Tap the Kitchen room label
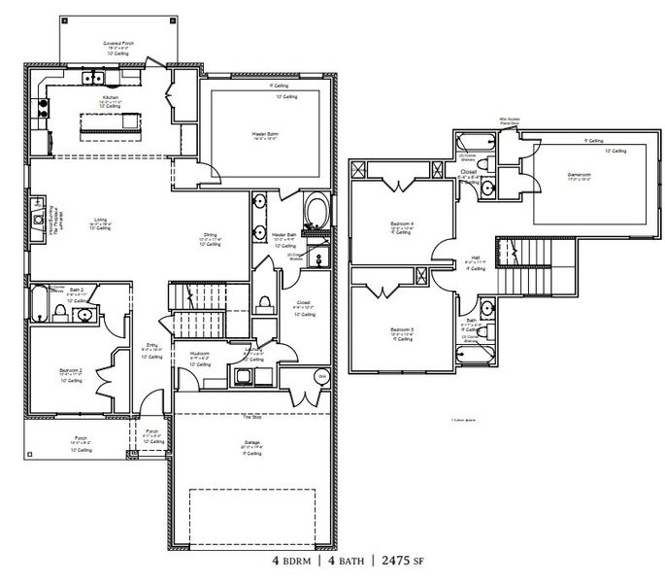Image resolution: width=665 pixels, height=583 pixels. tap(112, 98)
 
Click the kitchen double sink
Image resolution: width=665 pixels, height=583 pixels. tap(94, 78)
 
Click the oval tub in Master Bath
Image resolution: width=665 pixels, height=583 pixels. tap(316, 211)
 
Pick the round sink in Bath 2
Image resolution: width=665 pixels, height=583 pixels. tap(85, 315)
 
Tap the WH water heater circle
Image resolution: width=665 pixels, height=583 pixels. tap(320, 376)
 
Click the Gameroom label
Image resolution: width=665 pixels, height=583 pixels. tap(580, 176)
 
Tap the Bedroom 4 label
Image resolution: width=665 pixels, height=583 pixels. tap(402, 223)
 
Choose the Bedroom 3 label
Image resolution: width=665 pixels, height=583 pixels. tap(402, 330)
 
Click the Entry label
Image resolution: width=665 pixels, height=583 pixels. tap(152, 345)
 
